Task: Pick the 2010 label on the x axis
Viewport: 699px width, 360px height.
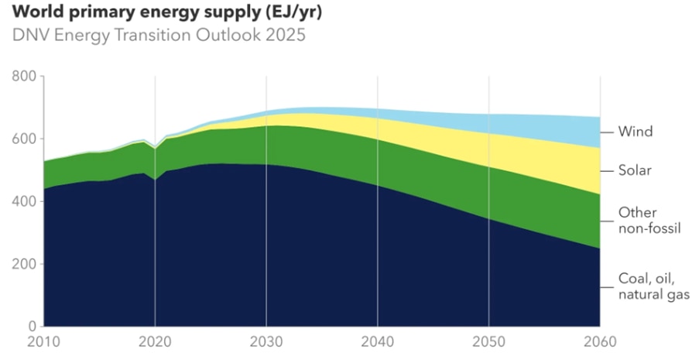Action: pos(44,343)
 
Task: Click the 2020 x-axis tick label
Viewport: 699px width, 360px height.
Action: pos(155,343)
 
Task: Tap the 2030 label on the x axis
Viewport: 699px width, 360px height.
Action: pos(266,343)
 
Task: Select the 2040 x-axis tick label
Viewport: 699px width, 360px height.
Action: pos(377,343)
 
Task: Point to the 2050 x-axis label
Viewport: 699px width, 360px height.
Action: pos(488,343)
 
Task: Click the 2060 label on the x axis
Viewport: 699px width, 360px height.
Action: pos(599,343)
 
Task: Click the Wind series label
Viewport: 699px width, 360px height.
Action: pos(636,132)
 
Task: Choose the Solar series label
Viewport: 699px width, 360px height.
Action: pos(635,170)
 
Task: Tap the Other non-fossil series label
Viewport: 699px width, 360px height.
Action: pos(649,221)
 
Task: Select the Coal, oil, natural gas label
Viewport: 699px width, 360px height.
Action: pos(653,286)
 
